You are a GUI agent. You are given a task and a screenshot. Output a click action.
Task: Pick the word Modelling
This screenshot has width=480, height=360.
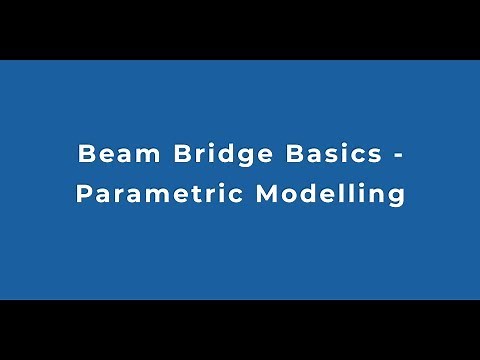click(x=330, y=193)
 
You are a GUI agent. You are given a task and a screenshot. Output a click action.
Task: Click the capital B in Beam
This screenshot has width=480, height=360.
click(x=85, y=156)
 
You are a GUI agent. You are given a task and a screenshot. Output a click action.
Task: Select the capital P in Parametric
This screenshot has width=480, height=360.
click(x=83, y=193)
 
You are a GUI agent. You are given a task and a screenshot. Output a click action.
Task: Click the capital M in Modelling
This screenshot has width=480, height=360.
click(x=266, y=193)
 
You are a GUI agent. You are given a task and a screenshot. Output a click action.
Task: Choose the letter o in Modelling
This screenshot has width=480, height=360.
click(x=290, y=194)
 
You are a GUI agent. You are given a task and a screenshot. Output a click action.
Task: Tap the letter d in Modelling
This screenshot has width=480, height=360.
click(x=310, y=193)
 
